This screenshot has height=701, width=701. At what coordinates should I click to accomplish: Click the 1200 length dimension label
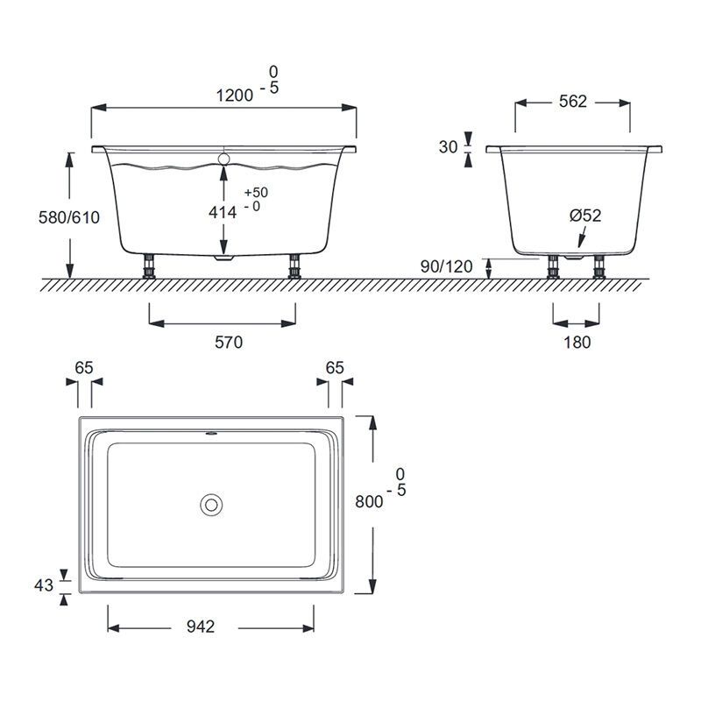(235, 96)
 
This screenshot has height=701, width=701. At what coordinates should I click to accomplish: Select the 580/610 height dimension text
(69, 217)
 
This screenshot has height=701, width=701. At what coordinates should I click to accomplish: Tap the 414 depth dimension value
(223, 212)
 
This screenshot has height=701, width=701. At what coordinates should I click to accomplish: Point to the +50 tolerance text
(256, 192)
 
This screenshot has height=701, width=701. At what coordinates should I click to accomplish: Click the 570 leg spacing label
(229, 342)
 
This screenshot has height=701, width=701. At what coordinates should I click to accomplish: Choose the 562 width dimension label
(573, 102)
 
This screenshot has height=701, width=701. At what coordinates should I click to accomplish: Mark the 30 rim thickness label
(448, 146)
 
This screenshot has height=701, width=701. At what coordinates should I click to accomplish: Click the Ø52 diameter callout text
(585, 216)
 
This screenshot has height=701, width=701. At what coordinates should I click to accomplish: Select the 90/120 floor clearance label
(446, 266)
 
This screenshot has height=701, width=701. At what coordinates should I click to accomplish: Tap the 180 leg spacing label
(577, 342)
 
